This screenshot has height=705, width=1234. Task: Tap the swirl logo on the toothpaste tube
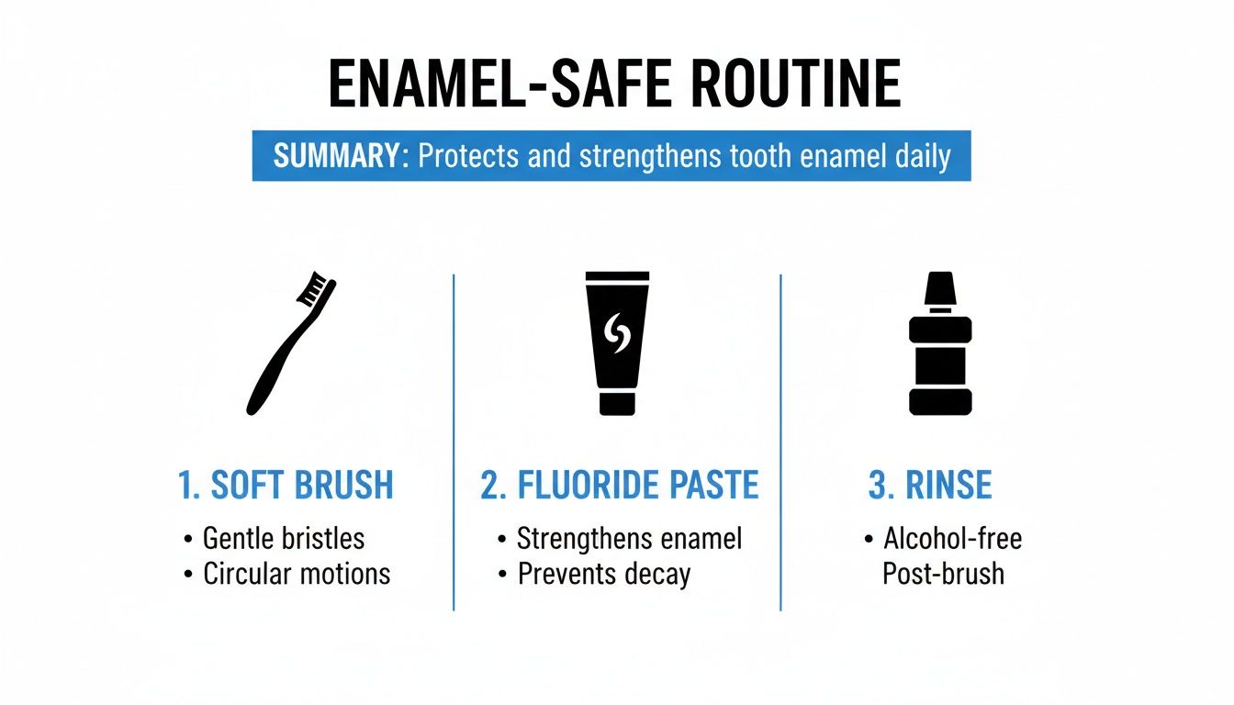[x=617, y=334]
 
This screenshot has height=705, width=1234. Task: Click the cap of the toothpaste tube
[x=617, y=404]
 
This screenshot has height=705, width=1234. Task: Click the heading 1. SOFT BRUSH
[x=286, y=486]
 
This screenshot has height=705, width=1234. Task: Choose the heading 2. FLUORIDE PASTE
[x=620, y=486]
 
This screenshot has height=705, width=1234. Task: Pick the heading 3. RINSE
[x=930, y=486]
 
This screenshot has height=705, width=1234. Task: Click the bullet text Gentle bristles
[x=283, y=538]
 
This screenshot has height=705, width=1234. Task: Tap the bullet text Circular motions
[x=296, y=575]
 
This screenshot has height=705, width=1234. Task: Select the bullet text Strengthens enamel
[x=629, y=538]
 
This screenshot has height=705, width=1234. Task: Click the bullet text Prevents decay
[x=603, y=575]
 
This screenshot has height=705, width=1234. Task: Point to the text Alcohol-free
[x=952, y=538]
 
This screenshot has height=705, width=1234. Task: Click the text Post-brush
[x=943, y=575]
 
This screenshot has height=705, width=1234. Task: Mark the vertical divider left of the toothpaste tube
[x=454, y=441]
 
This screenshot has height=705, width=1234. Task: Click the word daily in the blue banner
[x=922, y=155]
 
